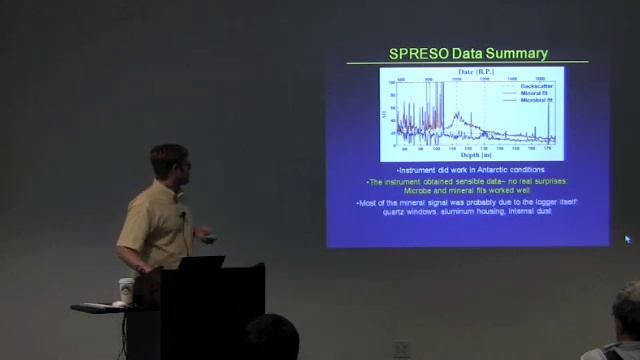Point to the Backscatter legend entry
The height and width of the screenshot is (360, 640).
coord(536,86)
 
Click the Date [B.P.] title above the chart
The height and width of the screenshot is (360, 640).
coord(471,72)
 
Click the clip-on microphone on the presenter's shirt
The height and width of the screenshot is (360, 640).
coord(181,213)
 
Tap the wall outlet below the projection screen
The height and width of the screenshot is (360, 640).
coord(401,348)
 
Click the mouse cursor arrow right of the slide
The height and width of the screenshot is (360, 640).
coord(627,239)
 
